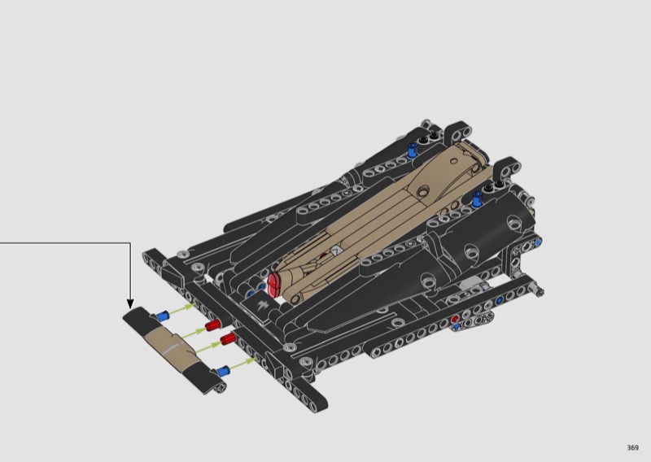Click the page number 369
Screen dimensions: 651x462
632,447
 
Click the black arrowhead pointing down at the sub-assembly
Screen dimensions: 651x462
130,304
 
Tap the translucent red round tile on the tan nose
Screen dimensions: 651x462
273,285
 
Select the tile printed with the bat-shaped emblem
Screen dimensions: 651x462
262,307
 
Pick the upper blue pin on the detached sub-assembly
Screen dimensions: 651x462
162,316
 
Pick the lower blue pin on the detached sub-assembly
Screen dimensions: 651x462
222,371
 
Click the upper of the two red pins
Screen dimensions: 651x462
212,325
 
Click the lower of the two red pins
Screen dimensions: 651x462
228,338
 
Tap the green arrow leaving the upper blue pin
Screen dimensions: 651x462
181,310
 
